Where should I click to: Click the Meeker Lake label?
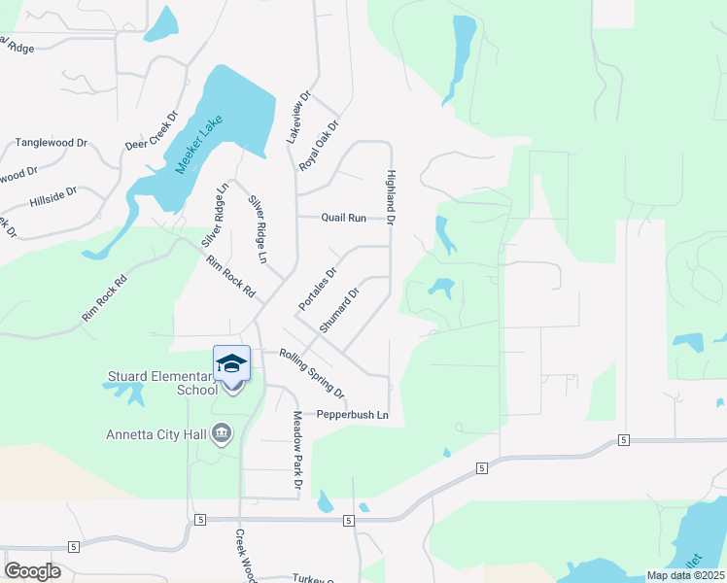199,144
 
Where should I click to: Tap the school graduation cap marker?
231,363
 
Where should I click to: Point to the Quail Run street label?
344,219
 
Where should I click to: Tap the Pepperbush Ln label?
353,416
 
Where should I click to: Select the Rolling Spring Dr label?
312,373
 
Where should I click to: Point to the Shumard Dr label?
339,310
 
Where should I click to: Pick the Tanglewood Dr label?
52,143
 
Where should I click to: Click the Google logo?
32,571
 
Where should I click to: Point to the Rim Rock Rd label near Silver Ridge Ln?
229,276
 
